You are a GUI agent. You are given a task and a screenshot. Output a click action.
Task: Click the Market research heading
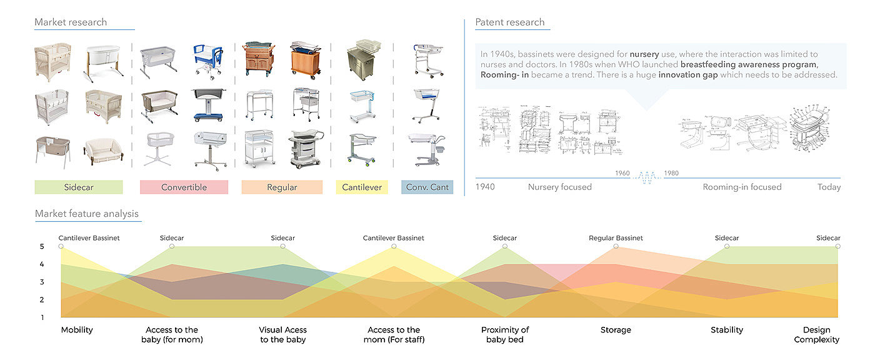click(x=71, y=22)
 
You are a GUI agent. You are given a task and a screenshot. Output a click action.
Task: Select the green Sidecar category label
click(x=79, y=187)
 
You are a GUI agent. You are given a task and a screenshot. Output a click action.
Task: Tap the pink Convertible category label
click(x=183, y=187)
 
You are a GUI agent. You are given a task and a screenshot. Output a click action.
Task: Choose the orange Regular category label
click(x=282, y=187)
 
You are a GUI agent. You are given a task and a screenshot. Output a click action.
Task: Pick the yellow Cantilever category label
click(x=362, y=187)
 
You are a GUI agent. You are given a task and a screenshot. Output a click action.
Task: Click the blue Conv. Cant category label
click(x=427, y=187)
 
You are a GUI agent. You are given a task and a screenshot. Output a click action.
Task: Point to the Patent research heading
click(x=510, y=22)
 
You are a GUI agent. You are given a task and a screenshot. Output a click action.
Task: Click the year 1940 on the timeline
click(x=485, y=187)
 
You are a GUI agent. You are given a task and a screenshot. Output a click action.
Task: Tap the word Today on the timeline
click(x=829, y=187)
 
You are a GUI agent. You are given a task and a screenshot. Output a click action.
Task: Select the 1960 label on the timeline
click(x=622, y=173)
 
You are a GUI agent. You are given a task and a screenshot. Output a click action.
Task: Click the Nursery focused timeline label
click(x=559, y=187)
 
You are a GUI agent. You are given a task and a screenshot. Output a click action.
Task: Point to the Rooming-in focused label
click(x=742, y=187)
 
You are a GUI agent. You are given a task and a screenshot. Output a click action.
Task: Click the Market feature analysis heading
click(x=87, y=214)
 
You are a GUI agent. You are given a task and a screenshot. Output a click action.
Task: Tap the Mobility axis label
click(x=77, y=330)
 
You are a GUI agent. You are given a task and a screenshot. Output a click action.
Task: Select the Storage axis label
click(x=616, y=330)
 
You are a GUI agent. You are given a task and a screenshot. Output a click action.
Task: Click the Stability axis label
click(x=727, y=330)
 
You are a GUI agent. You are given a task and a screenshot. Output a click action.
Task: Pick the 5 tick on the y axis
click(x=42, y=247)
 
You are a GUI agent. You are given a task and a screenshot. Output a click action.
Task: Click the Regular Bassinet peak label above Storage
click(x=616, y=238)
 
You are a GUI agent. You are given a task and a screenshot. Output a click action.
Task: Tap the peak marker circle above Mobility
click(x=61, y=246)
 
